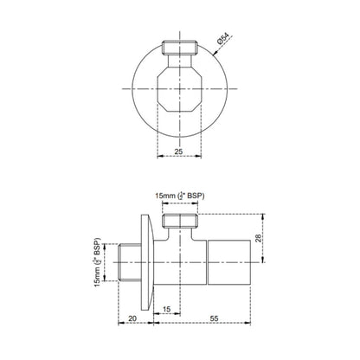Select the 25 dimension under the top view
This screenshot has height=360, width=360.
tap(177, 151)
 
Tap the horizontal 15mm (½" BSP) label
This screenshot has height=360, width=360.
tap(181, 196)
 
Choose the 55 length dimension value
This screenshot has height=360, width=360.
tap(213, 318)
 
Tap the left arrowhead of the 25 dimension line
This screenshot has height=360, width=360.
tap(157, 157)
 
